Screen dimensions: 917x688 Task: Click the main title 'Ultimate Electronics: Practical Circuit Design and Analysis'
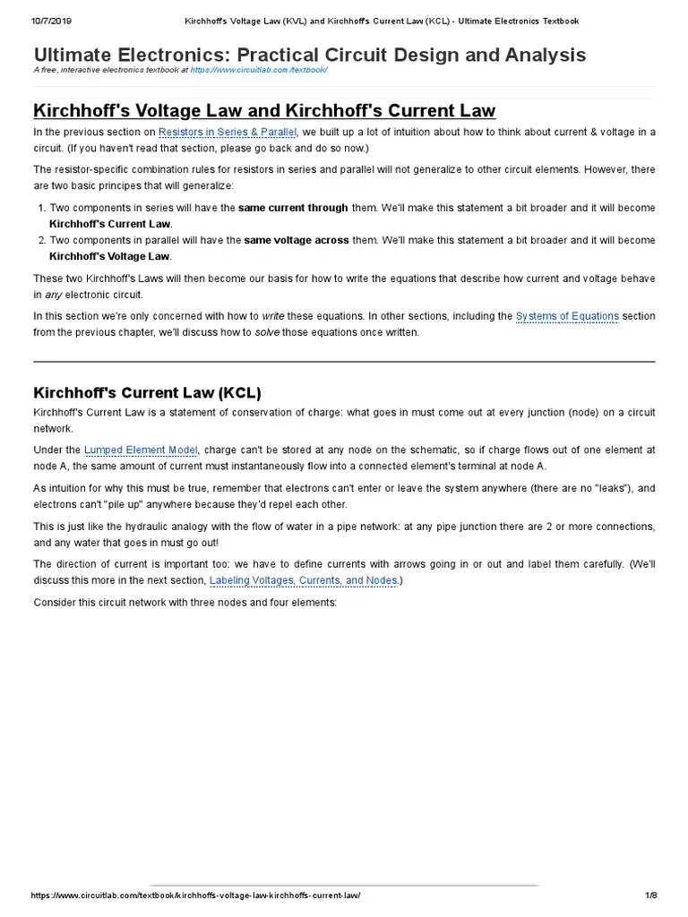tap(310, 56)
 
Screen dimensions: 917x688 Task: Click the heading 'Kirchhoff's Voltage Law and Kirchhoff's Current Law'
tap(264, 110)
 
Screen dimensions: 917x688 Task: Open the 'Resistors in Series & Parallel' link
tap(228, 133)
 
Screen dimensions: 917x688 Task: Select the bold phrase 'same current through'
tap(296, 208)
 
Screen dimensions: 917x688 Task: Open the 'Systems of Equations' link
tap(567, 316)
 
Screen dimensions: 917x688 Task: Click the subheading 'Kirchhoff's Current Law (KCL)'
tap(147, 392)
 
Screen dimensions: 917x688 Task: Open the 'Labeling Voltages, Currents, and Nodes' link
tap(304, 581)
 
